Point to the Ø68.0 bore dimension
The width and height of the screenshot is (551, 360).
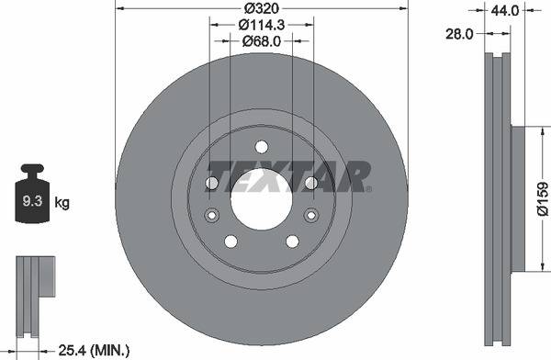coord(261,41)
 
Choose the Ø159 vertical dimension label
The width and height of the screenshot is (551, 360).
coord(542,199)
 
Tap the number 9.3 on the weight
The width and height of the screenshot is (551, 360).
coord(32,201)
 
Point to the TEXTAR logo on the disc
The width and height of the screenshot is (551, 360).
coord(288,174)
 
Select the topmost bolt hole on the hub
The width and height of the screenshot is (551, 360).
coord(261,147)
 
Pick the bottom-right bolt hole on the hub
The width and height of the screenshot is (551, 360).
coord(292,242)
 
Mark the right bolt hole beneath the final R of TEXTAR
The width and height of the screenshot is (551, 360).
coord(311,185)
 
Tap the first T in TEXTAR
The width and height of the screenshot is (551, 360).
coord(221,174)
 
